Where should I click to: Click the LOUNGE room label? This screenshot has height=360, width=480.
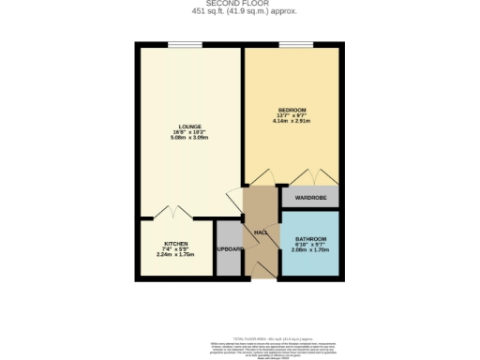pyautogui.click(x=186, y=127)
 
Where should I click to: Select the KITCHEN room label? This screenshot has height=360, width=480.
pyautogui.click(x=176, y=243)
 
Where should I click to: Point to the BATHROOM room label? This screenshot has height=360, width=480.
pyautogui.click(x=309, y=239)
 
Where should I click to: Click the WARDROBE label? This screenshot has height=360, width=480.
pyautogui.click(x=309, y=198)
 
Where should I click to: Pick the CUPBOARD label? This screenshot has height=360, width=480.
pyautogui.click(x=230, y=248)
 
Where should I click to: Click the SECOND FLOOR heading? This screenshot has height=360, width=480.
pyautogui.click(x=239, y=4)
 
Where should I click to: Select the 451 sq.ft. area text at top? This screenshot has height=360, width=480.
pyautogui.click(x=239, y=11)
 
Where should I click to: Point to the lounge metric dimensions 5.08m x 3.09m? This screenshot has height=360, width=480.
pyautogui.click(x=186, y=139)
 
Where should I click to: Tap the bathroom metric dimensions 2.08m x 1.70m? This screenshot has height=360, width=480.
pyautogui.click(x=309, y=251)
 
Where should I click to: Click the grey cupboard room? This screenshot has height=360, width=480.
pyautogui.click(x=229, y=261)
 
